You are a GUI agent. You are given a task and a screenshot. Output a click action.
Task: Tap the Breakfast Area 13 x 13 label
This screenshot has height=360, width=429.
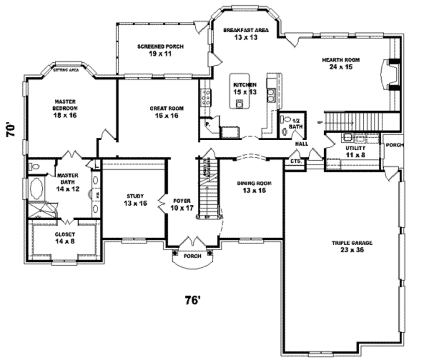click(246, 33)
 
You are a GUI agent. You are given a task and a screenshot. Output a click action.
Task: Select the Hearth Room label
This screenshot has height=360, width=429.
click(341, 63)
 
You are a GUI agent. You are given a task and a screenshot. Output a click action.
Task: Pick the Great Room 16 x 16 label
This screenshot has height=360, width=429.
click(167, 112)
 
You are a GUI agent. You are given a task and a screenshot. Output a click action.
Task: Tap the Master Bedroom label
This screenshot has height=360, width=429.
click(65, 108)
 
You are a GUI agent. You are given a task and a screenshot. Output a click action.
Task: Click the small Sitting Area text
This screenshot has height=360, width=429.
click(66, 70)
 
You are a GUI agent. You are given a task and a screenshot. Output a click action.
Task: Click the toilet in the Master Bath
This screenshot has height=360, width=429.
click(35, 167)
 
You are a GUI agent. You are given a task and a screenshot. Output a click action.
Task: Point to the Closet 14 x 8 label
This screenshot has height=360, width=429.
click(65, 238)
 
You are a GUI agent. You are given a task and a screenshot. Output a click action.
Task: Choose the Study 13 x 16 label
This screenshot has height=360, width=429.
click(135, 199)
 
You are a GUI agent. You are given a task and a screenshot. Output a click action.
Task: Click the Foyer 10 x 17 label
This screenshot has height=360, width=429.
click(182, 204)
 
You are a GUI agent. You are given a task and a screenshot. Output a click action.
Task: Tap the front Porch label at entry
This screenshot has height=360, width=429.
click(192, 256)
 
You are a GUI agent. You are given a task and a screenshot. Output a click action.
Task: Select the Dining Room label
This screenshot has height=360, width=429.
click(254, 187)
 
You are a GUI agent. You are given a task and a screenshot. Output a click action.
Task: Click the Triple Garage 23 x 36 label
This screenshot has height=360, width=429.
click(352, 246)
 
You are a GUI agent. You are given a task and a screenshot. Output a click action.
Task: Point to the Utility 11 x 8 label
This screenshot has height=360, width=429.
click(355, 151)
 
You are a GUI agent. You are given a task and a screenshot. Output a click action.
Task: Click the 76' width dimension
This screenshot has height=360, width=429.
click(193, 300)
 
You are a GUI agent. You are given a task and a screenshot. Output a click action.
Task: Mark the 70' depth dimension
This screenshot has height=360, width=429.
click(11, 129)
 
